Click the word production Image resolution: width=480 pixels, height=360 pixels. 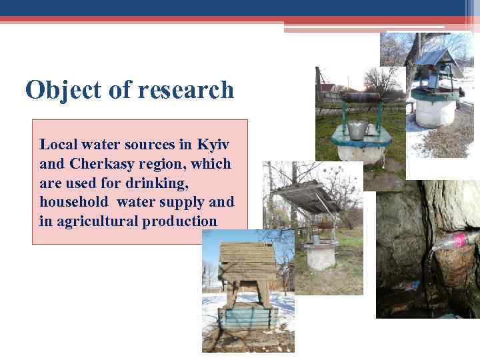click(x=179, y=221)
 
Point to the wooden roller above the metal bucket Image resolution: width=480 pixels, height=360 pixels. click(x=360, y=97)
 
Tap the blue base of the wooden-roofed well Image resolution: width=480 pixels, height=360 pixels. click(x=248, y=317)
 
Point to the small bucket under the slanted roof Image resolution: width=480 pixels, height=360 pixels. click(x=315, y=238)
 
